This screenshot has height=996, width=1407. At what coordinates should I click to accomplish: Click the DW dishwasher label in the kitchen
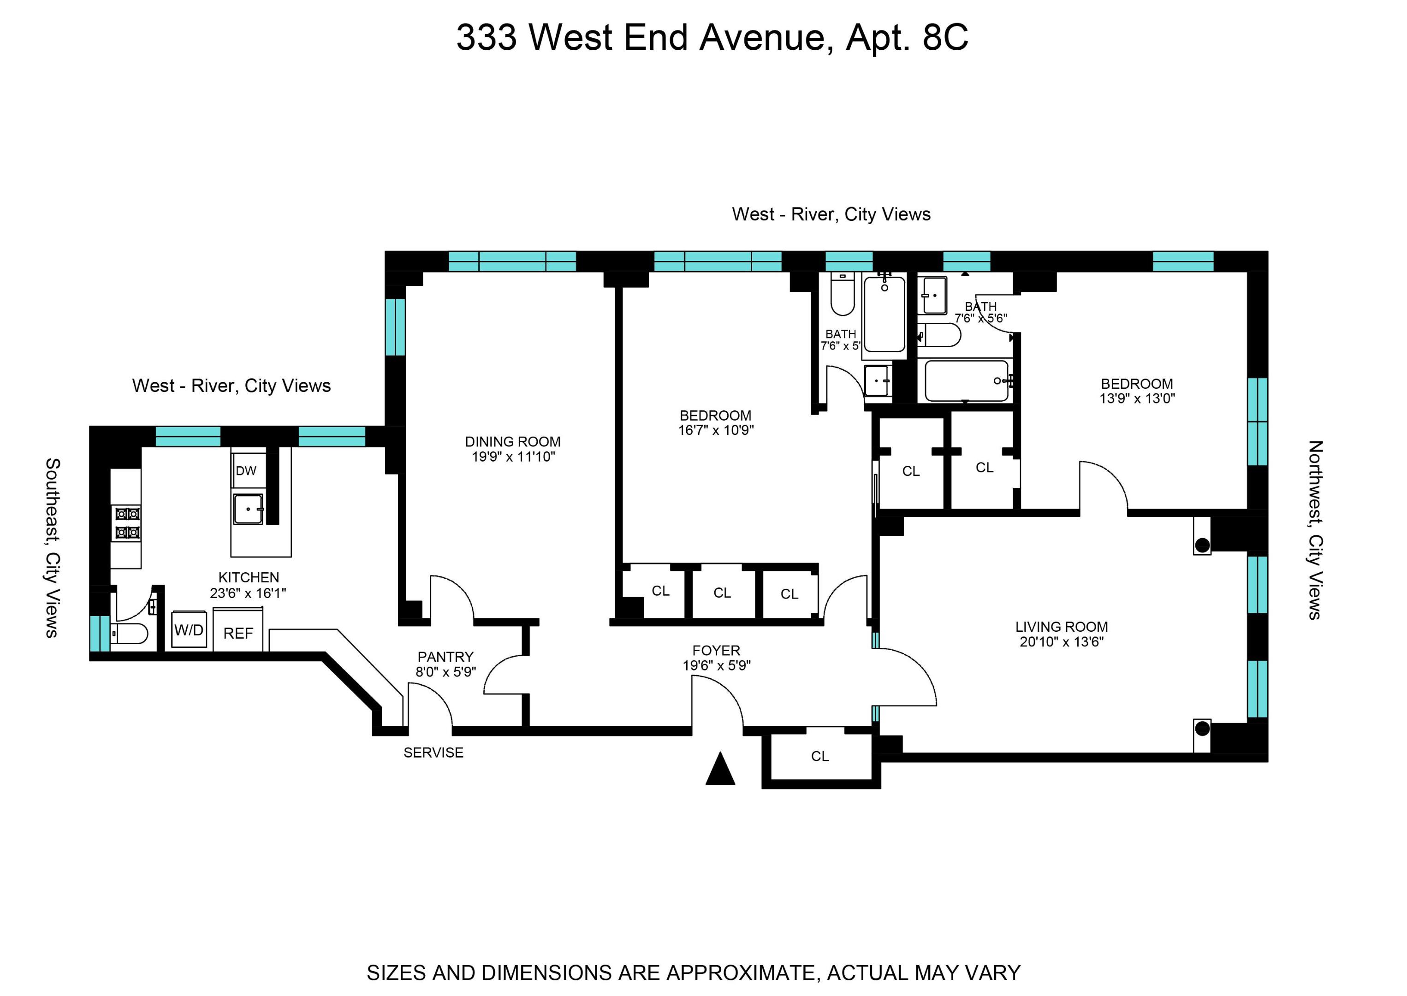(x=245, y=471)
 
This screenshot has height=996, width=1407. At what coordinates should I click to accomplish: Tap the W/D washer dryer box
(x=189, y=630)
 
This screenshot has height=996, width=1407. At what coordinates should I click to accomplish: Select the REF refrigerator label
(x=238, y=634)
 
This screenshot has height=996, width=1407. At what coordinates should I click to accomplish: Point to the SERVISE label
(x=433, y=753)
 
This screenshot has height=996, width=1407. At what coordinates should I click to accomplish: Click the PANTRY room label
(x=445, y=657)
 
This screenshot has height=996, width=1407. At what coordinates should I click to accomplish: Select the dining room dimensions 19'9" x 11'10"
(x=513, y=457)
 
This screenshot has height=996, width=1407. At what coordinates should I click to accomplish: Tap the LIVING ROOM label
(x=1061, y=627)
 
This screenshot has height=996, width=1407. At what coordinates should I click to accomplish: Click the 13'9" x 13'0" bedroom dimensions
(x=1136, y=399)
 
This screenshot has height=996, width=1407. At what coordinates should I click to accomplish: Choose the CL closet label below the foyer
(x=819, y=757)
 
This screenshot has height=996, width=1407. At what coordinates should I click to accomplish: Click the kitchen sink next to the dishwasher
(x=248, y=509)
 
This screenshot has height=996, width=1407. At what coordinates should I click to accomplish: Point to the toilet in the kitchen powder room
(x=130, y=634)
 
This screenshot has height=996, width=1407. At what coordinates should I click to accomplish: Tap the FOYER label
(x=716, y=650)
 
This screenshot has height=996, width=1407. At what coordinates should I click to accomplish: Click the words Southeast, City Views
(x=53, y=548)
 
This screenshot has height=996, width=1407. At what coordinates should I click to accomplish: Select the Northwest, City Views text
(x=1315, y=530)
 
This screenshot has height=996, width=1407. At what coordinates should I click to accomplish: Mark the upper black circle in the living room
(x=1202, y=545)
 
